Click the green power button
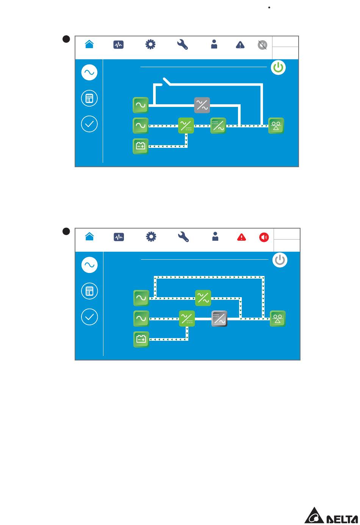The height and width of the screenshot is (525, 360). [279, 68]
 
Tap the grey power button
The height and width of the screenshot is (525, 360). [280, 260]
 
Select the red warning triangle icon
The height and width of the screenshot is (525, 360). [241, 237]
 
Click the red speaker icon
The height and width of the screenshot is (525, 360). [264, 237]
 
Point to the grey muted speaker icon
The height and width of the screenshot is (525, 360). [262, 45]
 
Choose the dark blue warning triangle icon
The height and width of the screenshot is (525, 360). [240, 45]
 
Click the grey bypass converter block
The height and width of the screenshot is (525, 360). [202, 105]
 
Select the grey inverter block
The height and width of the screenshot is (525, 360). [219, 319]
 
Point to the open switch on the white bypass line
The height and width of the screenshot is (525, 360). [166, 81]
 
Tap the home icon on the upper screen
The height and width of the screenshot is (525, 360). [89, 44]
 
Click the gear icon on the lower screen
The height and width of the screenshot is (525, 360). [151, 237]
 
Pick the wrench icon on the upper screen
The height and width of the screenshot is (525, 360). [183, 45]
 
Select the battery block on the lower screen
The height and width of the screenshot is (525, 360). [141, 339]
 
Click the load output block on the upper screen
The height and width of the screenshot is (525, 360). [276, 126]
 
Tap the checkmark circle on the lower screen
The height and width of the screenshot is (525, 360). [89, 317]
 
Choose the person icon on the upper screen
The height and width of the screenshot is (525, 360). [214, 45]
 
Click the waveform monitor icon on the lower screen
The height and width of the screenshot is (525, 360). [119, 237]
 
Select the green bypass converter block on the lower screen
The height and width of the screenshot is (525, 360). [203, 298]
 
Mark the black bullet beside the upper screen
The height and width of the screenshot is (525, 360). [66, 39]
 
